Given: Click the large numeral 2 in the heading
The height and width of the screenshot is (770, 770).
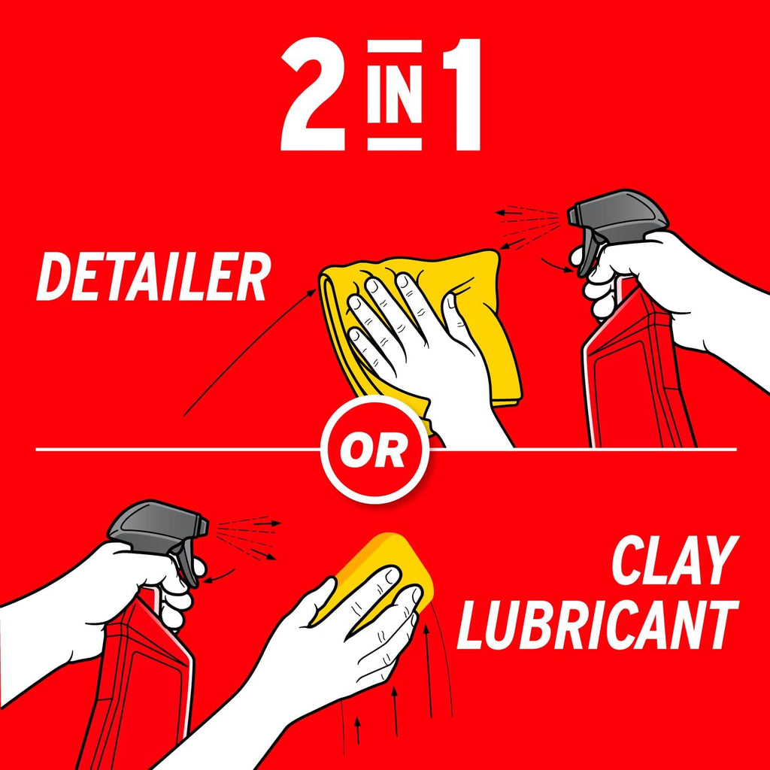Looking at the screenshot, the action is coord(313,95).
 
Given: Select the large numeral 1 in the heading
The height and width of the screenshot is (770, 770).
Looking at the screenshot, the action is coord(461,95).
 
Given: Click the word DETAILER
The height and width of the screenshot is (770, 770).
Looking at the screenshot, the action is coord(153,277).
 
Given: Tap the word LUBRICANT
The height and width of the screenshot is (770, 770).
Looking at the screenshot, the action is coord(598,625).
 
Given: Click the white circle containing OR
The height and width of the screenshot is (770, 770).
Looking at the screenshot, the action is coord(374,450).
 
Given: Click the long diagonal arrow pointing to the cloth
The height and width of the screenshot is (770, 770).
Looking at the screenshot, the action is coord(250,353).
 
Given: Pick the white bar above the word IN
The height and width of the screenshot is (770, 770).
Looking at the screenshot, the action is coord(394,46).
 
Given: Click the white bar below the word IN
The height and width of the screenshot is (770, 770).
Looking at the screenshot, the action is coord(394,144).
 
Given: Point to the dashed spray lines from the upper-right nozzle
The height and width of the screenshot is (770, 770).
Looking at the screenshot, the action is coord(528,227).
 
